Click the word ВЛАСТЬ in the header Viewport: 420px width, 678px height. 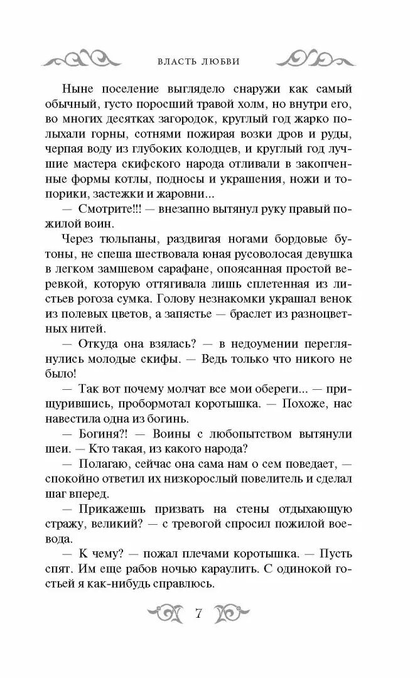coord(178,61)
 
